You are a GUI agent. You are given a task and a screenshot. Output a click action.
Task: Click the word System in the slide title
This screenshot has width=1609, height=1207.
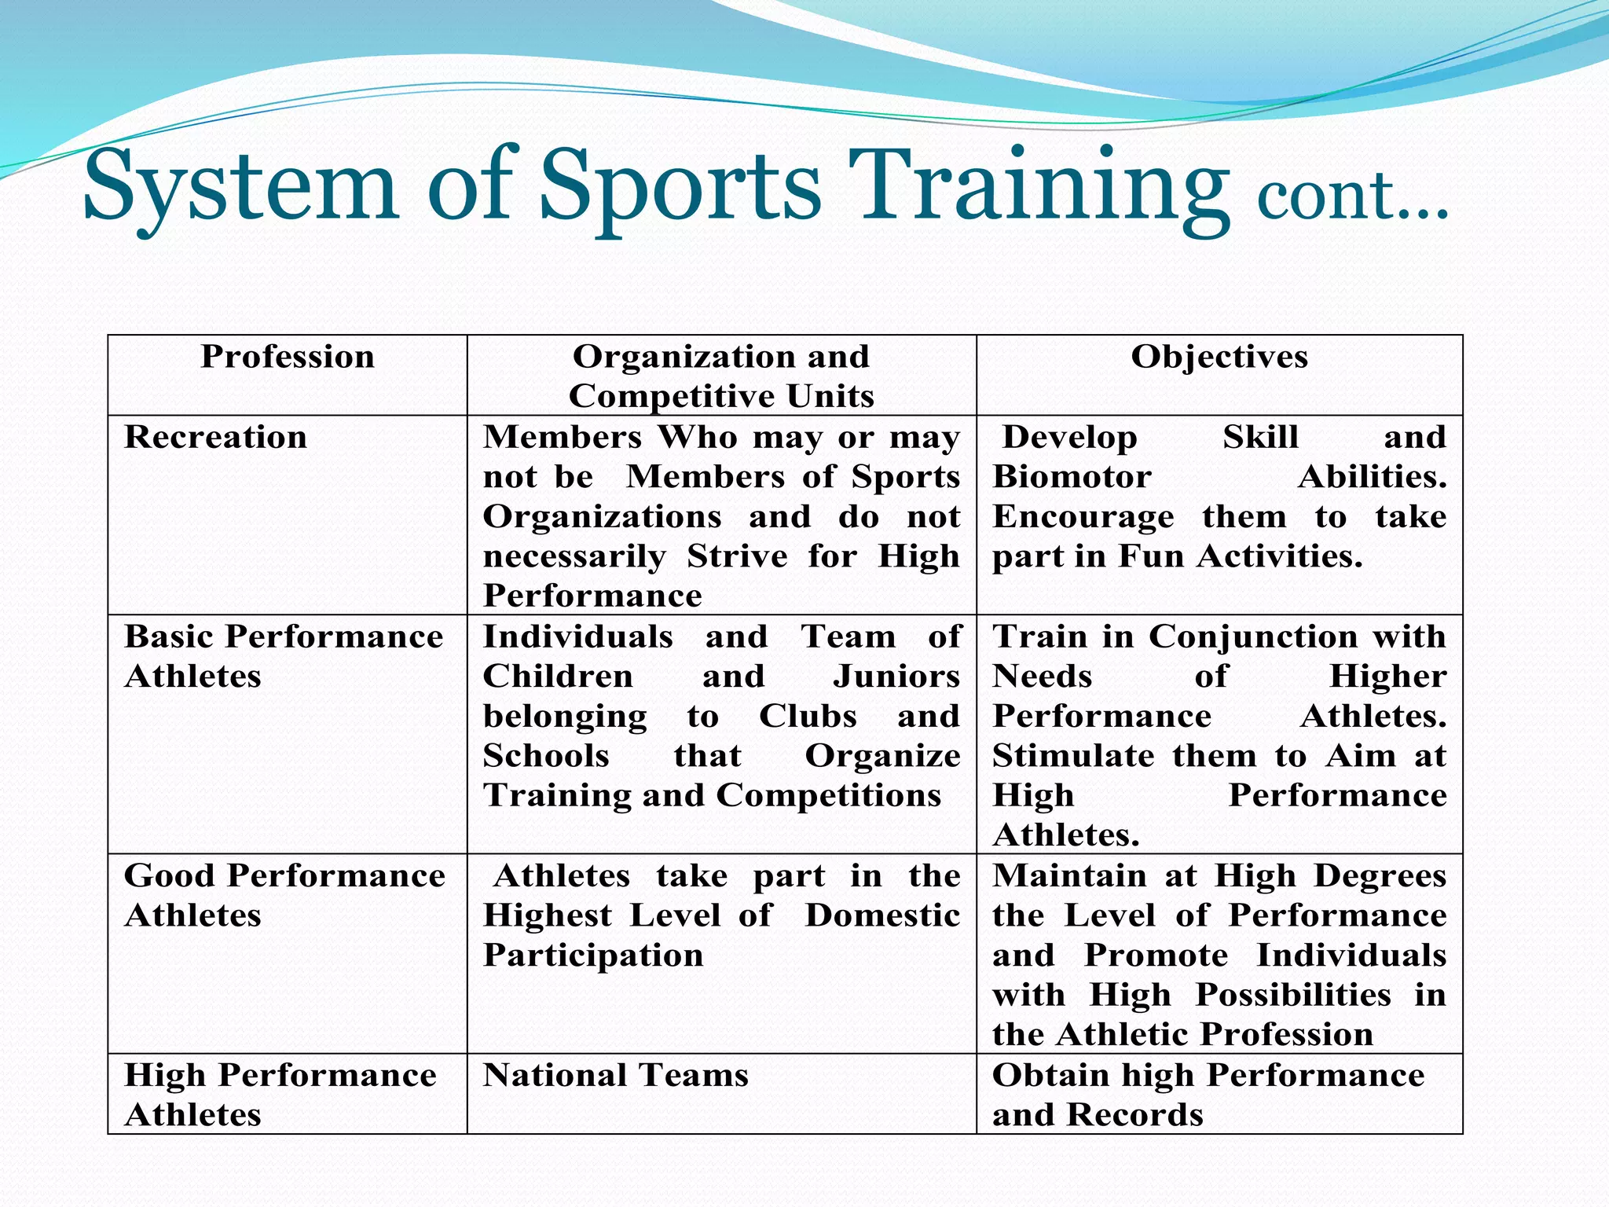point(240,187)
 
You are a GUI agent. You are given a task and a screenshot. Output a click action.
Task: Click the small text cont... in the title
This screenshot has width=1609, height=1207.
point(1351,196)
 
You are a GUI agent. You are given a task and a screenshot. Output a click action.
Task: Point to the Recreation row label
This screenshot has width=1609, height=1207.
point(215,438)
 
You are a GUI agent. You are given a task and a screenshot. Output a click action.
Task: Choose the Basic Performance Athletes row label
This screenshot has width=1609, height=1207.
point(283,656)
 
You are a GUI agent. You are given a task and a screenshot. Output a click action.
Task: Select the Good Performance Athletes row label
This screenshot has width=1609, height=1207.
point(284,895)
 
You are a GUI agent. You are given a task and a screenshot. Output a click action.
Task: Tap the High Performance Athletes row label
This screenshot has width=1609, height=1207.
point(280,1095)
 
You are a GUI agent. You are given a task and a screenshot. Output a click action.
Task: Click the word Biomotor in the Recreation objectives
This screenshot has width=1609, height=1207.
point(1072,478)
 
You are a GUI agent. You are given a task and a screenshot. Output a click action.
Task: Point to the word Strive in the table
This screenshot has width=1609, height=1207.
point(737,557)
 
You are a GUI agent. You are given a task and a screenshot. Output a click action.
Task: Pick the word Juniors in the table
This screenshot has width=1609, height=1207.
point(896,677)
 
